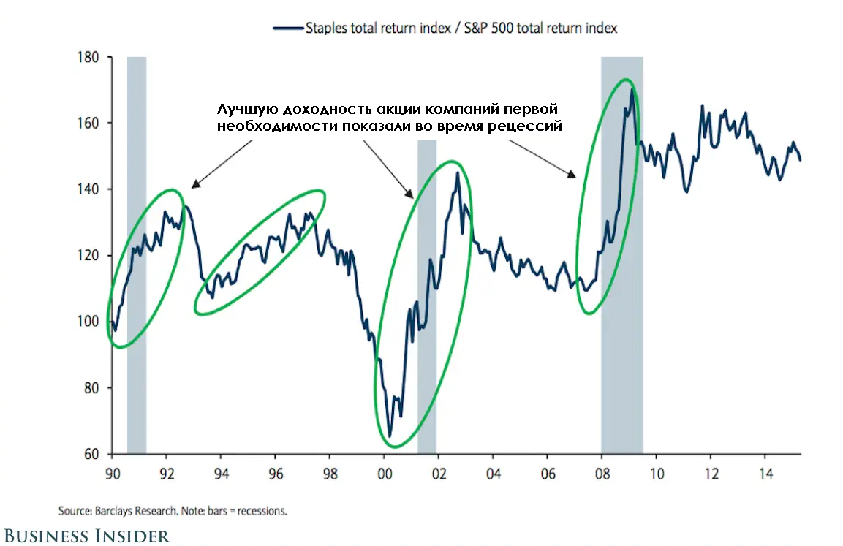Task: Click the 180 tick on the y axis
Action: (x=88, y=57)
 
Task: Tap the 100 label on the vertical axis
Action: (x=88, y=322)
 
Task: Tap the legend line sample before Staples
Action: (x=287, y=29)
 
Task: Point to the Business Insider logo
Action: (x=86, y=535)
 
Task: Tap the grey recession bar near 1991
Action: (x=137, y=256)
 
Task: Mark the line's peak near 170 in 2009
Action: (x=631, y=89)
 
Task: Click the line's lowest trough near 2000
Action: (x=390, y=436)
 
